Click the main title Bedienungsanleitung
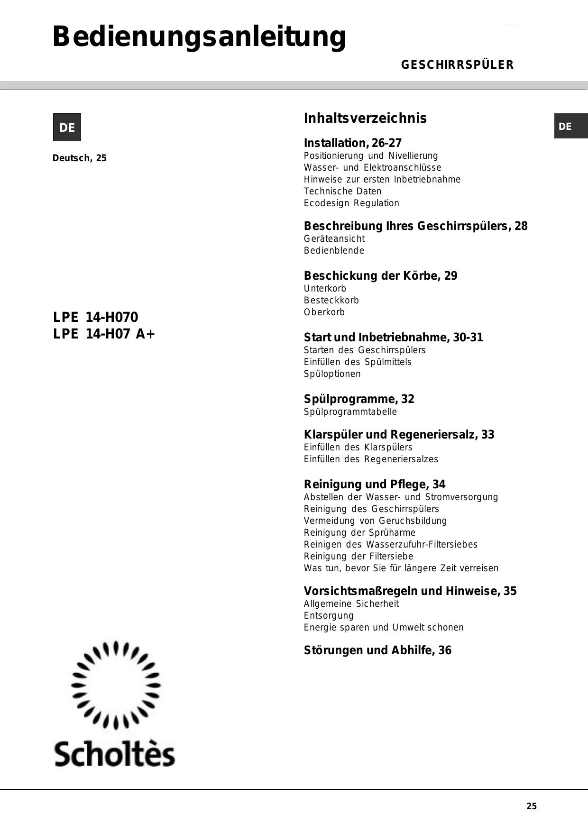coord(199,37)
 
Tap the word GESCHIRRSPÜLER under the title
coord(457,65)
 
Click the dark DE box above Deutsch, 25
coord(67,128)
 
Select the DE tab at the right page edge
coord(570,127)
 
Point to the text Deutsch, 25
coord(80,158)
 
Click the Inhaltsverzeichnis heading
coord(365,118)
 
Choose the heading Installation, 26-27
coord(352,143)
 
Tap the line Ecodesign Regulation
coord(351,203)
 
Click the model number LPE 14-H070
coord(95,317)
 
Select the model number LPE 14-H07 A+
coord(104,334)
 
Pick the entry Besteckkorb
coord(331,301)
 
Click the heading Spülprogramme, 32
coord(359,399)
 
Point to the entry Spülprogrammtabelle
coord(350,412)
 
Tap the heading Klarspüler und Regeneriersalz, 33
coord(399,435)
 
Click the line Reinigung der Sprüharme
coord(359,533)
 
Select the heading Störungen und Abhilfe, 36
coord(377,650)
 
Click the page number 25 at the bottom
coord(532,806)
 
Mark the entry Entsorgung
coord(329,616)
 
